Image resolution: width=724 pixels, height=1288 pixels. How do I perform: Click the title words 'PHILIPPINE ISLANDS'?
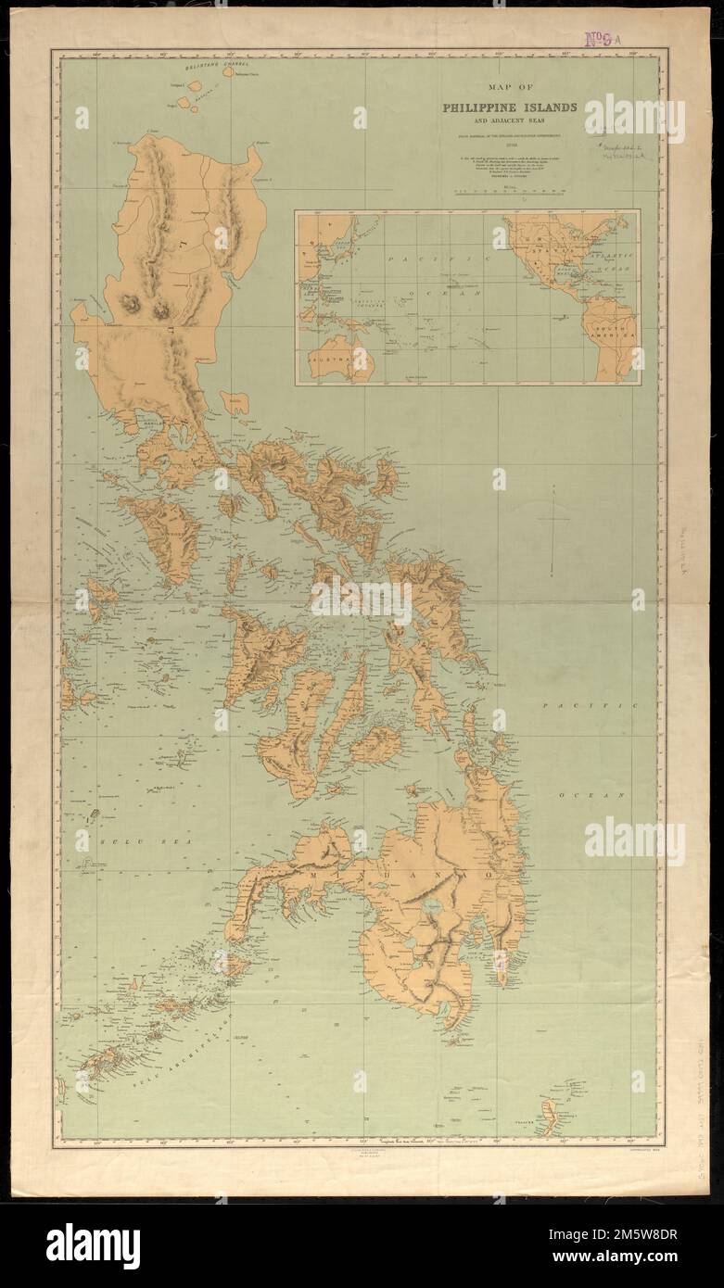[x=509, y=107]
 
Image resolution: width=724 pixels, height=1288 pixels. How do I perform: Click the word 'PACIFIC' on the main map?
[x=591, y=706]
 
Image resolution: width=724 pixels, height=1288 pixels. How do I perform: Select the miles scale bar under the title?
[x=509, y=192]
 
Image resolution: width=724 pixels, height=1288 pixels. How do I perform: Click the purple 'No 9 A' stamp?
[x=603, y=39]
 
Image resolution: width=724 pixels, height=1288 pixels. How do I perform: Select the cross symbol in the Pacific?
[x=554, y=520]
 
